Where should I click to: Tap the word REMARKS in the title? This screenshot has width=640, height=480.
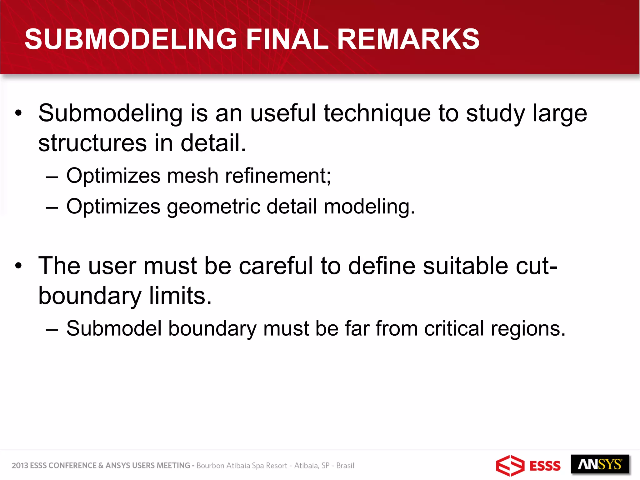(408, 39)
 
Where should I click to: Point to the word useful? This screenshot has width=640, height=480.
(283, 113)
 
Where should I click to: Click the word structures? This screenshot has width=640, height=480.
(92, 143)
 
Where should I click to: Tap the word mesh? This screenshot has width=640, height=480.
(192, 176)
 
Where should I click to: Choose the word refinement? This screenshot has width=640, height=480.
(277, 176)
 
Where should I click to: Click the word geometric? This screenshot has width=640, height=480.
(213, 207)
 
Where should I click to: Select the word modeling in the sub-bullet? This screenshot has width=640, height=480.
(369, 207)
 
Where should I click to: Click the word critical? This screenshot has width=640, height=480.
(454, 329)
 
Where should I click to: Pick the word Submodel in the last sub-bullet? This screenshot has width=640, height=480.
(114, 329)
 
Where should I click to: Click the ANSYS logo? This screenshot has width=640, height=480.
(600, 465)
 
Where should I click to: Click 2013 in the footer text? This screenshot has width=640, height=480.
(20, 466)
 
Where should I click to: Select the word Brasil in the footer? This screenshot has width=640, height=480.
(345, 466)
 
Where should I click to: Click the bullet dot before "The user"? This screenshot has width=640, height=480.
(19, 266)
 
